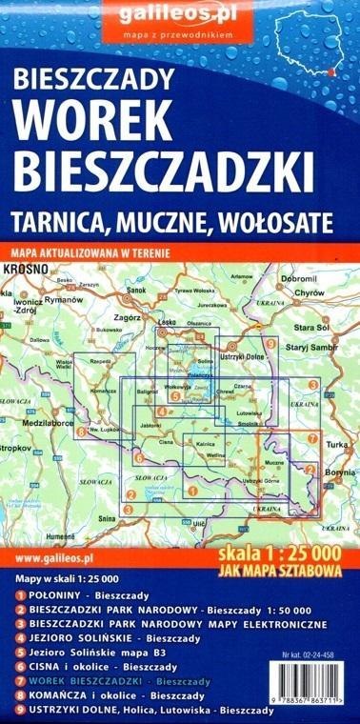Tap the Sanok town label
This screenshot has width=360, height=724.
(136, 290)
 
